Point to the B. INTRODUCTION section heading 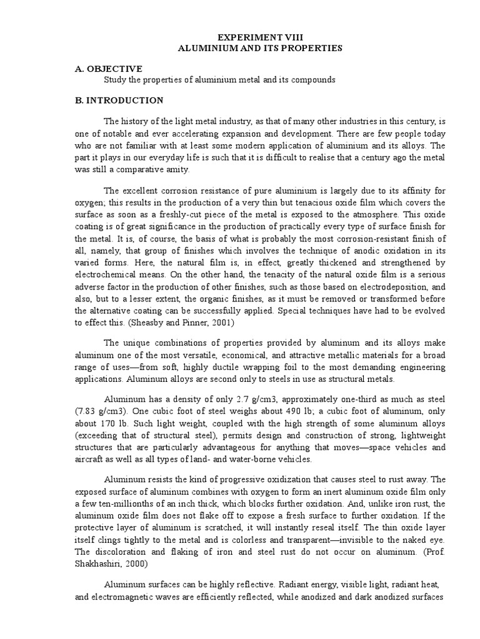(x=115, y=100)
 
